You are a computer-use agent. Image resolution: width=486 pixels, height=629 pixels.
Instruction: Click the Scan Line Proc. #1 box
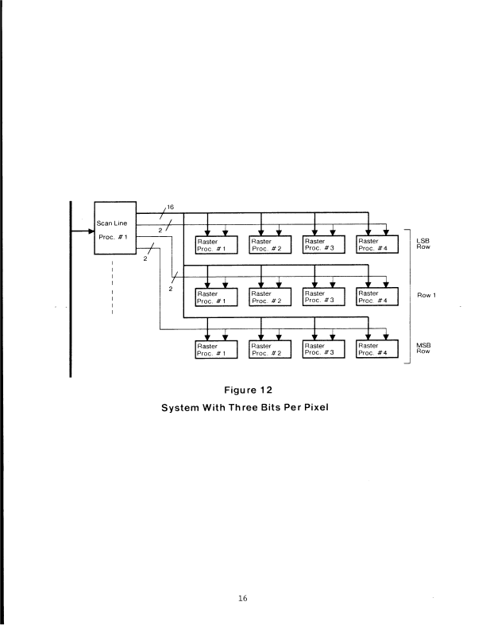[115, 227]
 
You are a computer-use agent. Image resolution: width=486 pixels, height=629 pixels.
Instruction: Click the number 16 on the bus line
[170, 206]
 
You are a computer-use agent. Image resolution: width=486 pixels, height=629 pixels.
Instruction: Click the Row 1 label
[428, 296]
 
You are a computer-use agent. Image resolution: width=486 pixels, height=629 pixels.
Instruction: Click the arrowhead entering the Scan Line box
[90, 231]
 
